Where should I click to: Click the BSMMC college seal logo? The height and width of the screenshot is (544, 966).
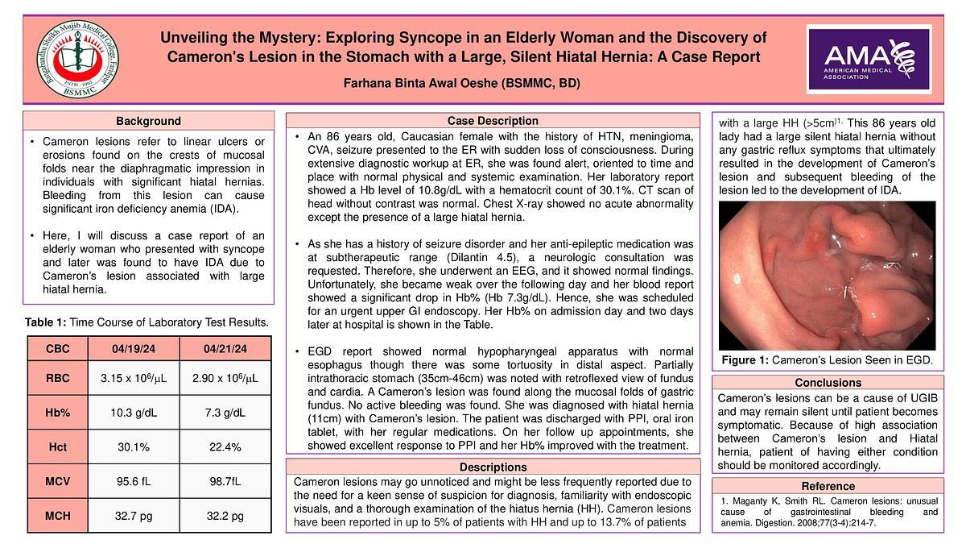(x=78, y=60)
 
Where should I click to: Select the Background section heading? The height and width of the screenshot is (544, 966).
(x=148, y=121)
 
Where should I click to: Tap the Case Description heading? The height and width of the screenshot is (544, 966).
(x=493, y=121)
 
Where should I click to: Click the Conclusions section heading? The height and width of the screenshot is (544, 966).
(x=828, y=382)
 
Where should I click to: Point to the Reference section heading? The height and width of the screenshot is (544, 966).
(x=828, y=486)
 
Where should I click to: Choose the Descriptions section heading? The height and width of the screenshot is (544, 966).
(x=493, y=467)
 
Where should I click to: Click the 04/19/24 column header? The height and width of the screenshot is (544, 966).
(x=133, y=349)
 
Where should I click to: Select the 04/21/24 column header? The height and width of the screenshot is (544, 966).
(x=225, y=349)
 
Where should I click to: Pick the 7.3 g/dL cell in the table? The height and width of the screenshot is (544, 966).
(x=225, y=413)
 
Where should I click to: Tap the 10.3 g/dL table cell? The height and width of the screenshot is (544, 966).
(x=133, y=413)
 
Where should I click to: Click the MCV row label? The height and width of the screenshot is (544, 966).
(x=58, y=481)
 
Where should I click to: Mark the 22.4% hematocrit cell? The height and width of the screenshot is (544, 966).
(x=225, y=447)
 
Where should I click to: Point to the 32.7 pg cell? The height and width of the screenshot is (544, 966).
(x=133, y=516)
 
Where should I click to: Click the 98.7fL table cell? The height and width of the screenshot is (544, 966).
(x=225, y=481)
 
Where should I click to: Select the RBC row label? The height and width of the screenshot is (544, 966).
(x=58, y=378)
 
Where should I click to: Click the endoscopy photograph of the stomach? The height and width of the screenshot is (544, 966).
(x=827, y=274)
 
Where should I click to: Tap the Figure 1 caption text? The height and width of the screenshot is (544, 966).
(x=827, y=359)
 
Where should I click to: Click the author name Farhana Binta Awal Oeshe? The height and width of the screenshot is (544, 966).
(x=462, y=84)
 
